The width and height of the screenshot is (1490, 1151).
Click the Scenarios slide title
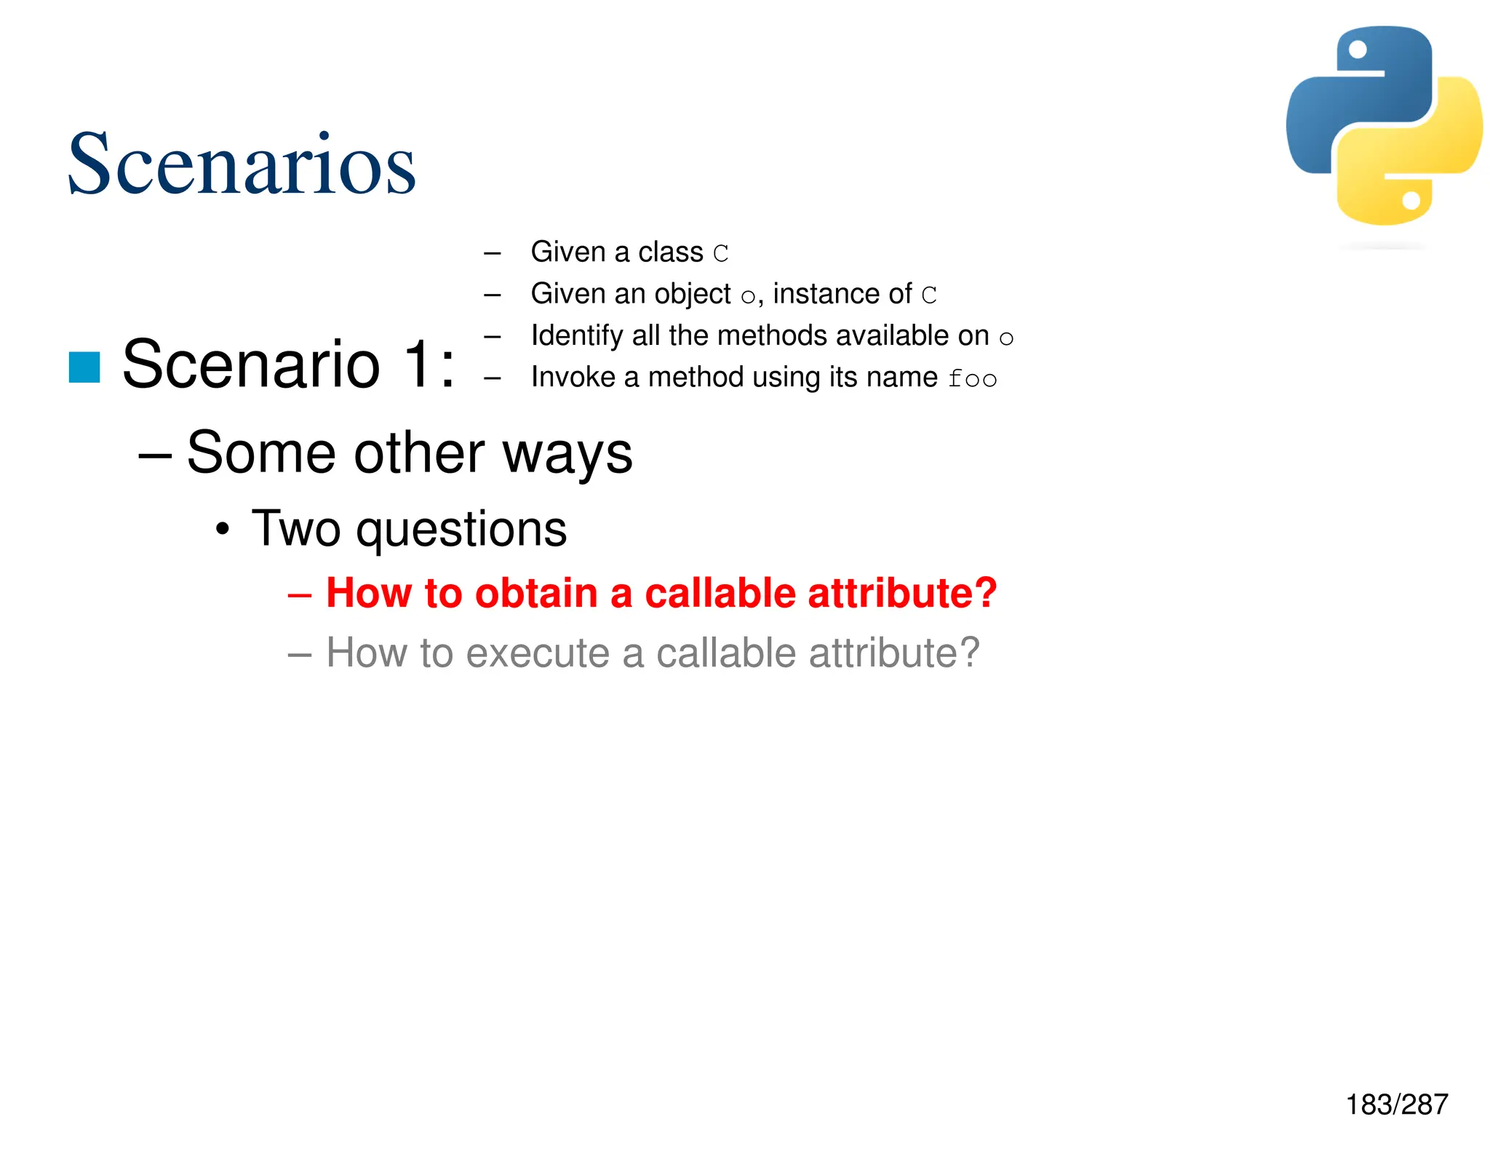coord(242,164)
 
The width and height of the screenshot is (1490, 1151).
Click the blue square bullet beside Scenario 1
coord(84,367)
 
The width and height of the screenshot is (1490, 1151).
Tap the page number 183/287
coord(1396,1104)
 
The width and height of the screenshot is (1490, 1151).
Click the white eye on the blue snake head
coord(1358,49)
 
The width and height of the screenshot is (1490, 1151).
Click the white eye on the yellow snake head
coord(1411,200)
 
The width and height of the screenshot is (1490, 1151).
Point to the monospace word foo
coord(972,379)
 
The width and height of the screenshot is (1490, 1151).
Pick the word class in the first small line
coord(670,252)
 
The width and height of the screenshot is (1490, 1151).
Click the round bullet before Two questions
coord(223,529)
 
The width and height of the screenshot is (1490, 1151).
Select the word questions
coord(461,529)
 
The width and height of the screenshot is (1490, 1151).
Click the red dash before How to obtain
coord(300,594)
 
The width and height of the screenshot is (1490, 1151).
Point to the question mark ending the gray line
coord(967,653)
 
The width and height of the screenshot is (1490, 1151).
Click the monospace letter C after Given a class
coord(720,254)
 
